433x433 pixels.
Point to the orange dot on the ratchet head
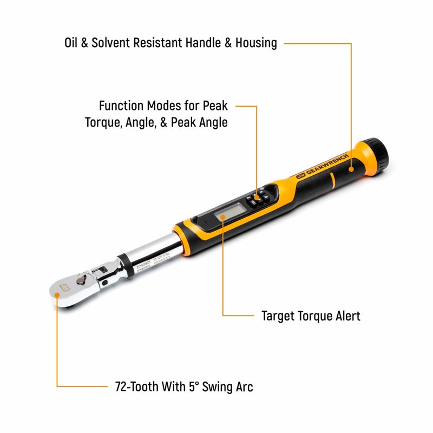click(x=56, y=297)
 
